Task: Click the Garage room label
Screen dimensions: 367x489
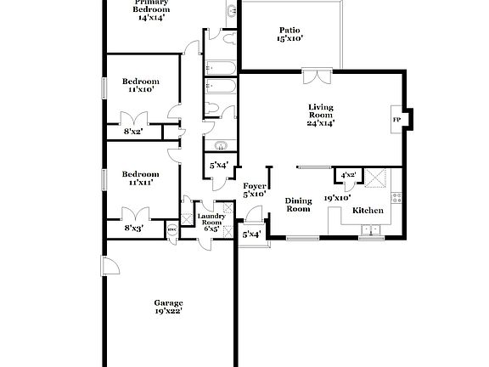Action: point(168,303)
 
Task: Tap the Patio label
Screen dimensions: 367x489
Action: point(290,29)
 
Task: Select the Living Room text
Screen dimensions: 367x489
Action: point(321,111)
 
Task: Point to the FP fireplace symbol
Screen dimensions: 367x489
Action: point(396,119)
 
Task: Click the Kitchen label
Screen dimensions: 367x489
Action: point(368,210)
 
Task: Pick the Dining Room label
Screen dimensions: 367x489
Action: point(298,205)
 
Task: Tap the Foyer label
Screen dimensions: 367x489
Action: point(255,185)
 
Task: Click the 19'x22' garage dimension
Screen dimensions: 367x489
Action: point(168,312)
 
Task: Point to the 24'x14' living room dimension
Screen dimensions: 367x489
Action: point(321,123)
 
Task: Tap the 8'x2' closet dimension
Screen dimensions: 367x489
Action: point(133,131)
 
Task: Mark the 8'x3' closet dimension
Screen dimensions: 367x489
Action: point(133,227)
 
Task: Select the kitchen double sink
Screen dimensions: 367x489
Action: point(371,229)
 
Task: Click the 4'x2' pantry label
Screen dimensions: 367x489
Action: point(348,176)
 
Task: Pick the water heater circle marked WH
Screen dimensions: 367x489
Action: point(171,228)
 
